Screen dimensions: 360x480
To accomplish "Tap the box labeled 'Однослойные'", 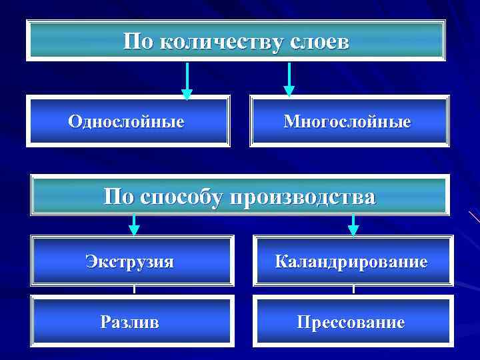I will click(x=128, y=121).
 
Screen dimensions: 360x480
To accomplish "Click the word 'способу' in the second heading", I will click(x=183, y=197).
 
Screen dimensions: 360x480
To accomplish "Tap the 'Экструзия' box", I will click(x=133, y=261).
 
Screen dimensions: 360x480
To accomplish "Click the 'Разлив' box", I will click(x=133, y=322).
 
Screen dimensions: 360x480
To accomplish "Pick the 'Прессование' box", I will click(x=353, y=323).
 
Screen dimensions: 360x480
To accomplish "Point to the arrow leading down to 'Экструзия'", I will click(x=134, y=225).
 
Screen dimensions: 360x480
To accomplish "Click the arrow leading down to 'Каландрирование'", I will click(x=353, y=225).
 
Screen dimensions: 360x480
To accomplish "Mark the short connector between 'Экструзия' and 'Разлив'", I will click(x=134, y=290).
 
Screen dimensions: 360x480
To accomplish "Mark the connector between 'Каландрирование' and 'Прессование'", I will click(x=353, y=290).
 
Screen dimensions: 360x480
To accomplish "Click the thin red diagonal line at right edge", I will click(x=474, y=216).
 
